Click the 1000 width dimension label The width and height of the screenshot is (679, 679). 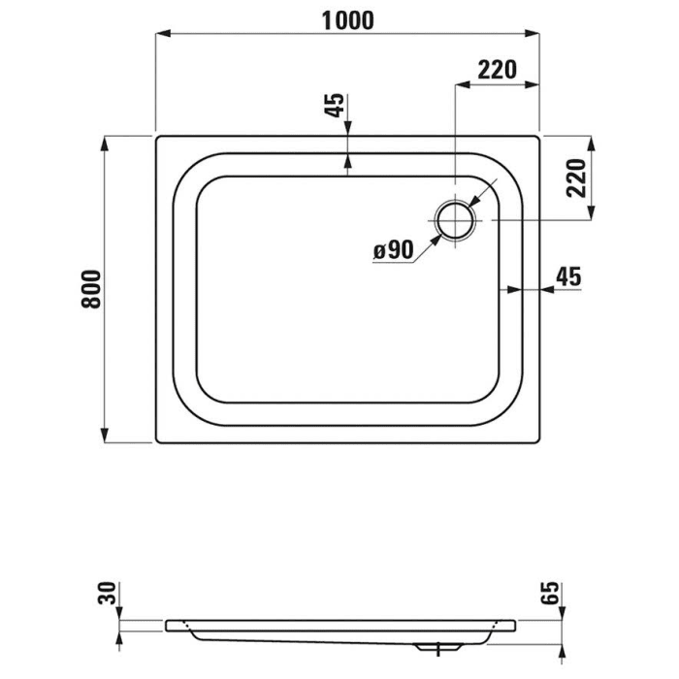347,20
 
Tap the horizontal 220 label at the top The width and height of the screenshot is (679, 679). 496,69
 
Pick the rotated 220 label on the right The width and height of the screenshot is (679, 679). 575,178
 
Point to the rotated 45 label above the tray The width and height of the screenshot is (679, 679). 334,106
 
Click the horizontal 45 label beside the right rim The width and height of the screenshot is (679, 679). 566,276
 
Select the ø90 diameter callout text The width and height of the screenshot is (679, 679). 393,250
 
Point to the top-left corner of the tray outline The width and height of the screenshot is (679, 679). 157,137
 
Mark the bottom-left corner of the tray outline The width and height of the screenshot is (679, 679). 157,442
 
